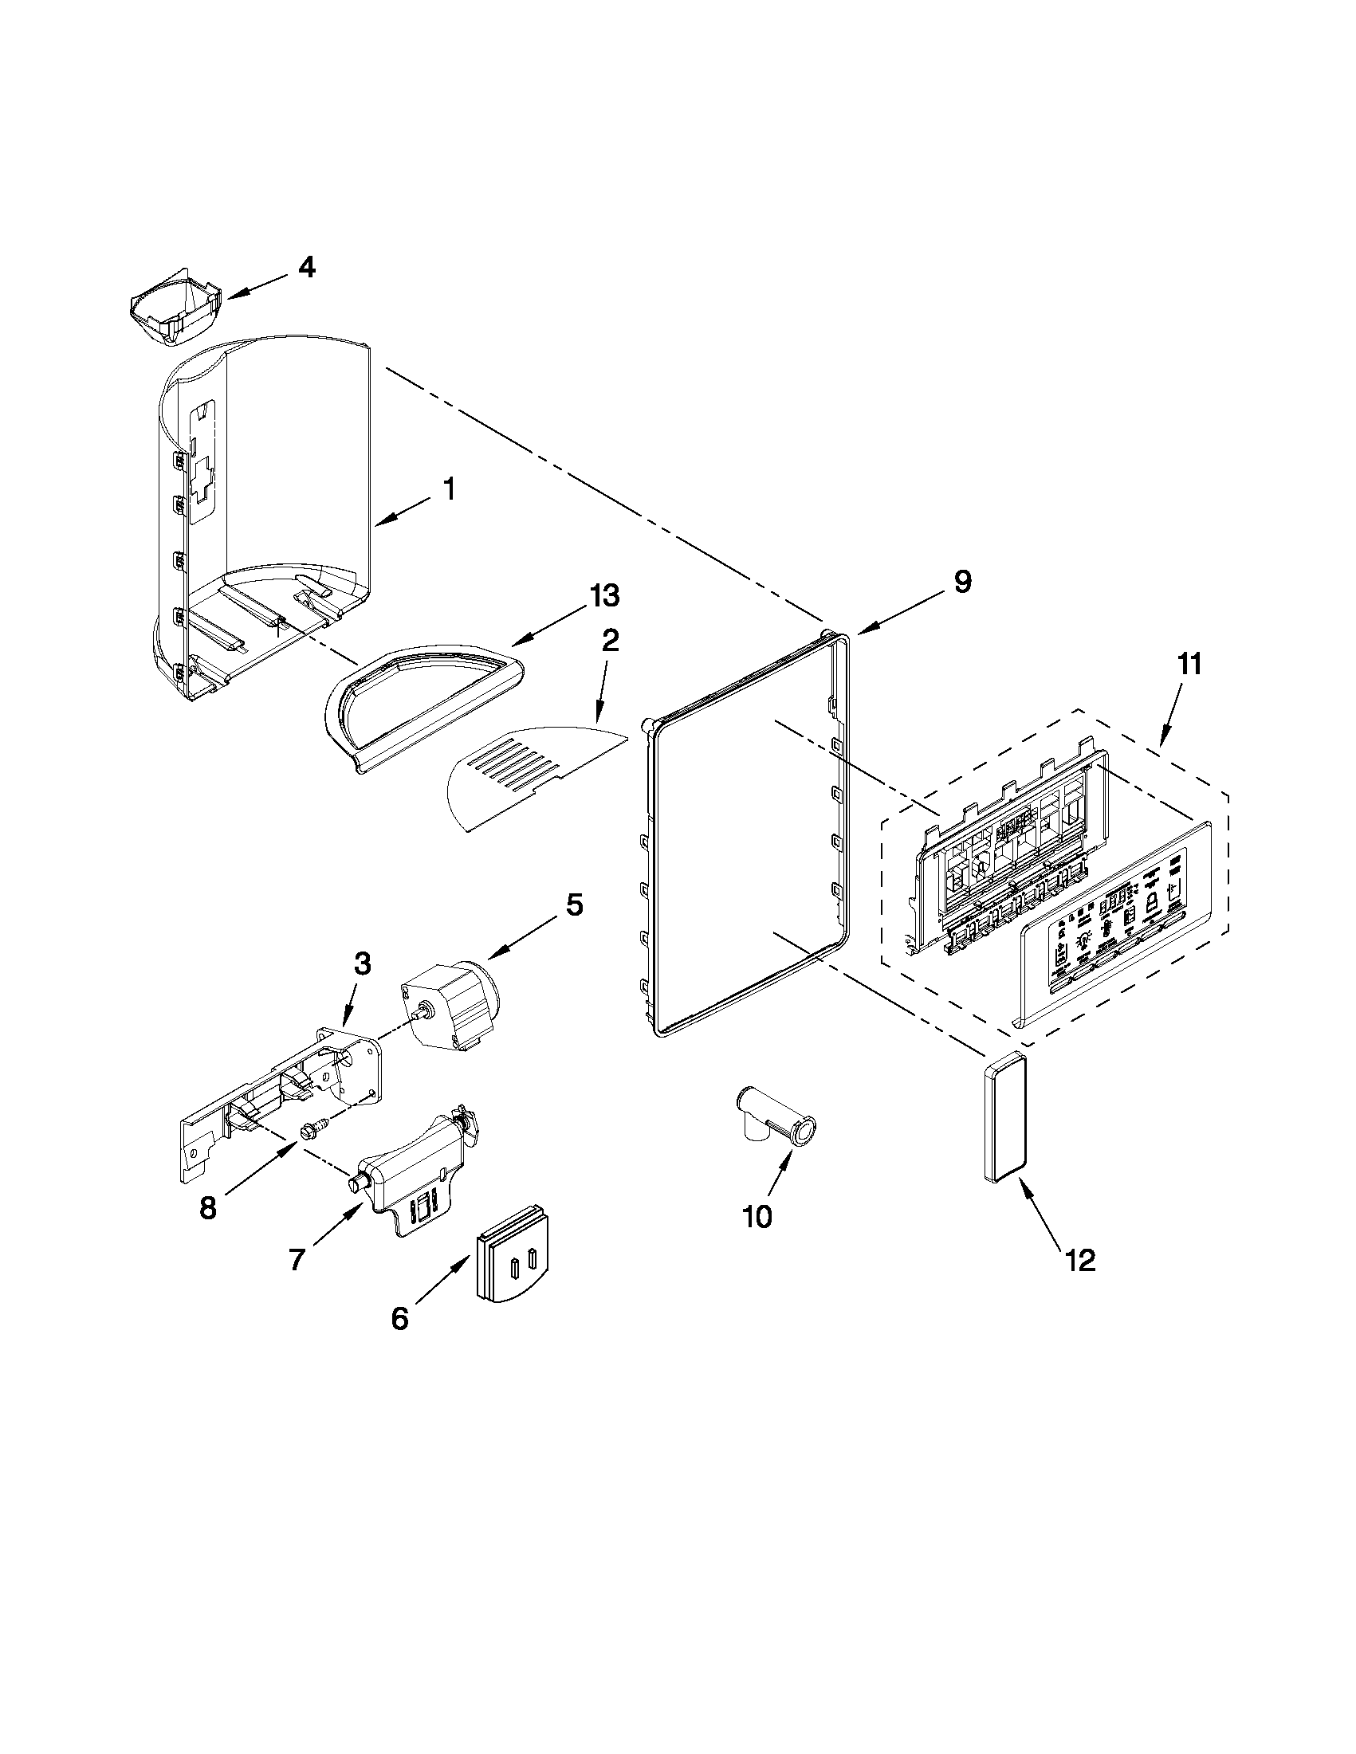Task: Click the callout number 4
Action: tap(307, 268)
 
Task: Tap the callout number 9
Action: tap(962, 581)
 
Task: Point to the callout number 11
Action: tap(1189, 664)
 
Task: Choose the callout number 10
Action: tap(757, 1216)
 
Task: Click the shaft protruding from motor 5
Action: tap(419, 1014)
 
